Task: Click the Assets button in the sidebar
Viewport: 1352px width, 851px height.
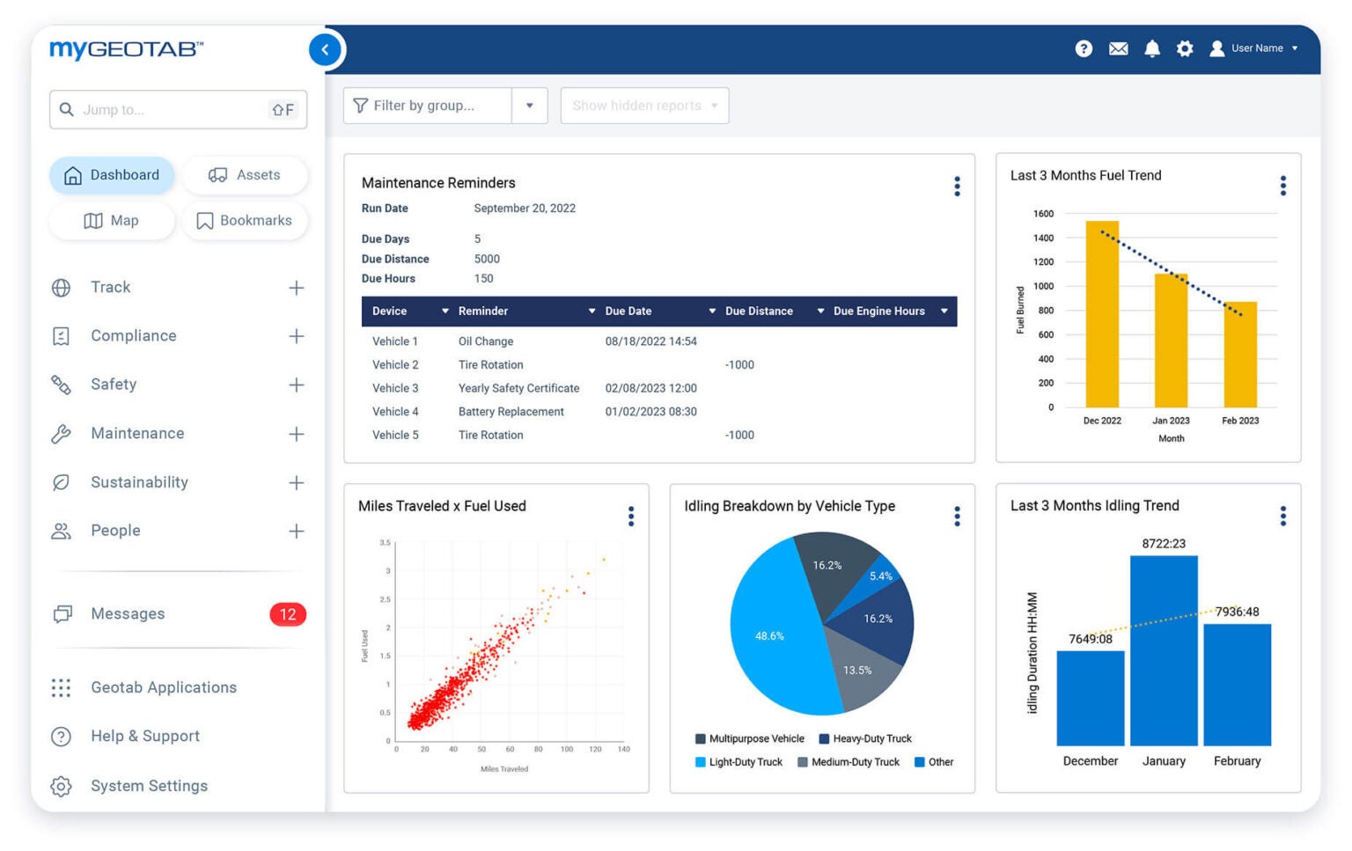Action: pyautogui.click(x=245, y=175)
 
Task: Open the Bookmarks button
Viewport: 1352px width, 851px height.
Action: pyautogui.click(x=245, y=221)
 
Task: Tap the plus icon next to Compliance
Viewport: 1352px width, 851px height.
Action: pyautogui.click(x=297, y=336)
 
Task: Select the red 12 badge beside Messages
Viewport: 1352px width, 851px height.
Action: pyautogui.click(x=288, y=614)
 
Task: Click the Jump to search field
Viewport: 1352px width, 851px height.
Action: pyautogui.click(x=167, y=110)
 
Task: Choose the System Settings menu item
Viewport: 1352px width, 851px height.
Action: pyautogui.click(x=149, y=786)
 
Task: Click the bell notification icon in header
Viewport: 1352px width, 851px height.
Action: pyautogui.click(x=1151, y=48)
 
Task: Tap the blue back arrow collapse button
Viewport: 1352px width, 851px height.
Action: pyautogui.click(x=325, y=49)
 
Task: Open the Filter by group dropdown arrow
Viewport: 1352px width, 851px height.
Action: pyautogui.click(x=530, y=106)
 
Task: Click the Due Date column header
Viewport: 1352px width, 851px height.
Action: pyautogui.click(x=628, y=312)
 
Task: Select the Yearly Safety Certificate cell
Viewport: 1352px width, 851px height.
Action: pyautogui.click(x=518, y=388)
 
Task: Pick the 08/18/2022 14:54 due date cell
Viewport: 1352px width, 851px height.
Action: pyautogui.click(x=650, y=341)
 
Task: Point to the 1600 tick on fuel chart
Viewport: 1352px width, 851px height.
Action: pyautogui.click(x=1043, y=214)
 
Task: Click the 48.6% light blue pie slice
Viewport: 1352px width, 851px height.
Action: pyautogui.click(x=770, y=635)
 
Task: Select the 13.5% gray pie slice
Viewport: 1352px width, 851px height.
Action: pyautogui.click(x=858, y=671)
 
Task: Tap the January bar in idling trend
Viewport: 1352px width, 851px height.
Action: pyautogui.click(x=1163, y=651)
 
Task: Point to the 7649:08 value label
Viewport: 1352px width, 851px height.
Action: pyautogui.click(x=1090, y=639)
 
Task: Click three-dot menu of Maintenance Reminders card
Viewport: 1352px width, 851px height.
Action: pyautogui.click(x=957, y=186)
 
